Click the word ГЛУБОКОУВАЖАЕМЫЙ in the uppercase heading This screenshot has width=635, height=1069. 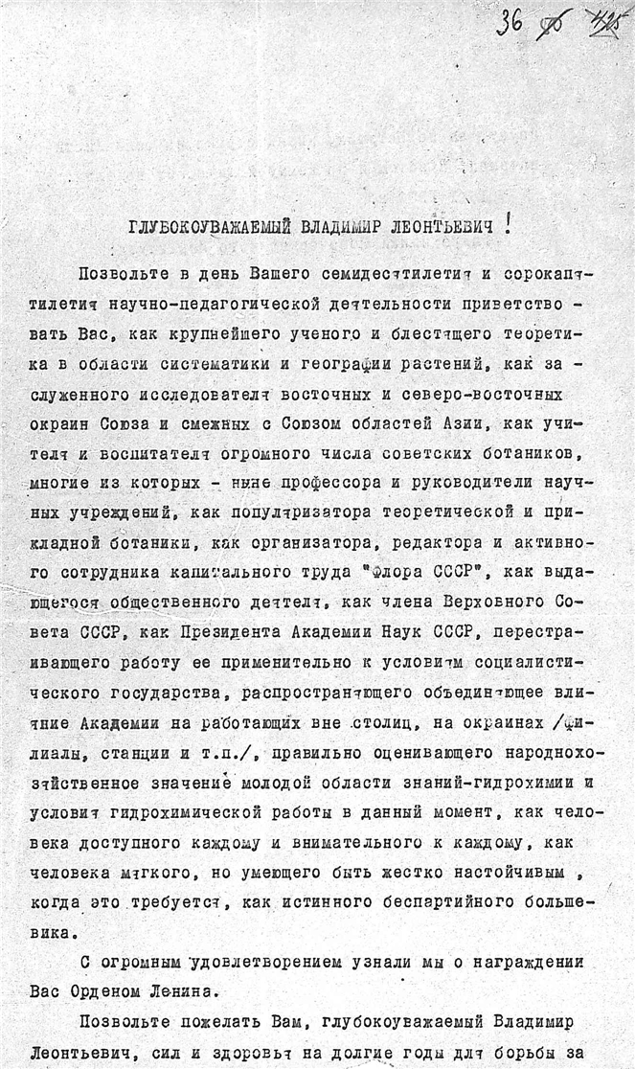tap(197, 228)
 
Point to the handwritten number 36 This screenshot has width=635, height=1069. tap(510, 22)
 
